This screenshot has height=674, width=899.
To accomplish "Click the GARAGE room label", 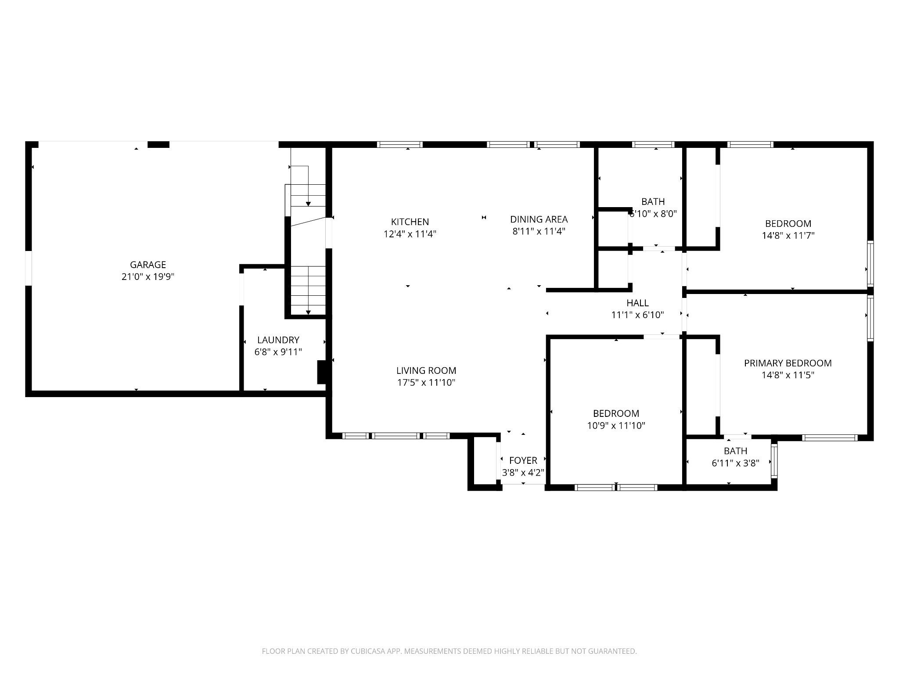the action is point(148,265).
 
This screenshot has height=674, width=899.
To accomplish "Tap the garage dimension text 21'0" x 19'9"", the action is point(148,277).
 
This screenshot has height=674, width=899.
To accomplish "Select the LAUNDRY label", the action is point(278,340).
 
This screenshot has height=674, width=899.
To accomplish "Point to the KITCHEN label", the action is point(410,222).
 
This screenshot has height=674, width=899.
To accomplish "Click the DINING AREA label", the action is point(539,219).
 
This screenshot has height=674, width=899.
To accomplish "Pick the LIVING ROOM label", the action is point(426,370).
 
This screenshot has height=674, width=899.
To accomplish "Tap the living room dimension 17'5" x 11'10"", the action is point(426,383).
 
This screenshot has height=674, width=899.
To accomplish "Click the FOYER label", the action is point(523,460).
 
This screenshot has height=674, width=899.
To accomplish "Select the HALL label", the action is point(637,303).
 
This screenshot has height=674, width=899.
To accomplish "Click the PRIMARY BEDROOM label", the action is point(788,363).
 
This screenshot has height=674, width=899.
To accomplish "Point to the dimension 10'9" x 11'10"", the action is point(616,426).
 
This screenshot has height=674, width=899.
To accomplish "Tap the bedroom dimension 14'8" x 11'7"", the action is point(788,236).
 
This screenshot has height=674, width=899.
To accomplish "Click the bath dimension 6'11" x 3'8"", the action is point(735,463).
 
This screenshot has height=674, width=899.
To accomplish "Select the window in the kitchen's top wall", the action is point(400,144).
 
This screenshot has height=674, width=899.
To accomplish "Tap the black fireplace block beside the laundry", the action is point(322,372).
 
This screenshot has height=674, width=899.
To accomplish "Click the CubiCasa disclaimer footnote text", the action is point(449,652).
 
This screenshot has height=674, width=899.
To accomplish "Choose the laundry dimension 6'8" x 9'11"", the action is point(278,352).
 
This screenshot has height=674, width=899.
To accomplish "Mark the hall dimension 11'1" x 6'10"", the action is point(637,315).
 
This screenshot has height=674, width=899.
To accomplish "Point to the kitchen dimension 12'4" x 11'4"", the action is point(410,234).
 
